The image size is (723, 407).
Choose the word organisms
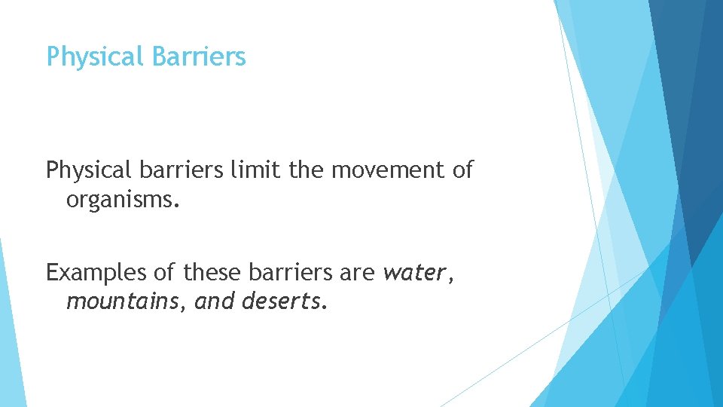coord(124,201)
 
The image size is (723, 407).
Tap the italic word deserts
coord(282,302)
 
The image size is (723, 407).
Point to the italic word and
coord(214,302)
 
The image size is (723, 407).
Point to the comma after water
coord(451,280)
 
